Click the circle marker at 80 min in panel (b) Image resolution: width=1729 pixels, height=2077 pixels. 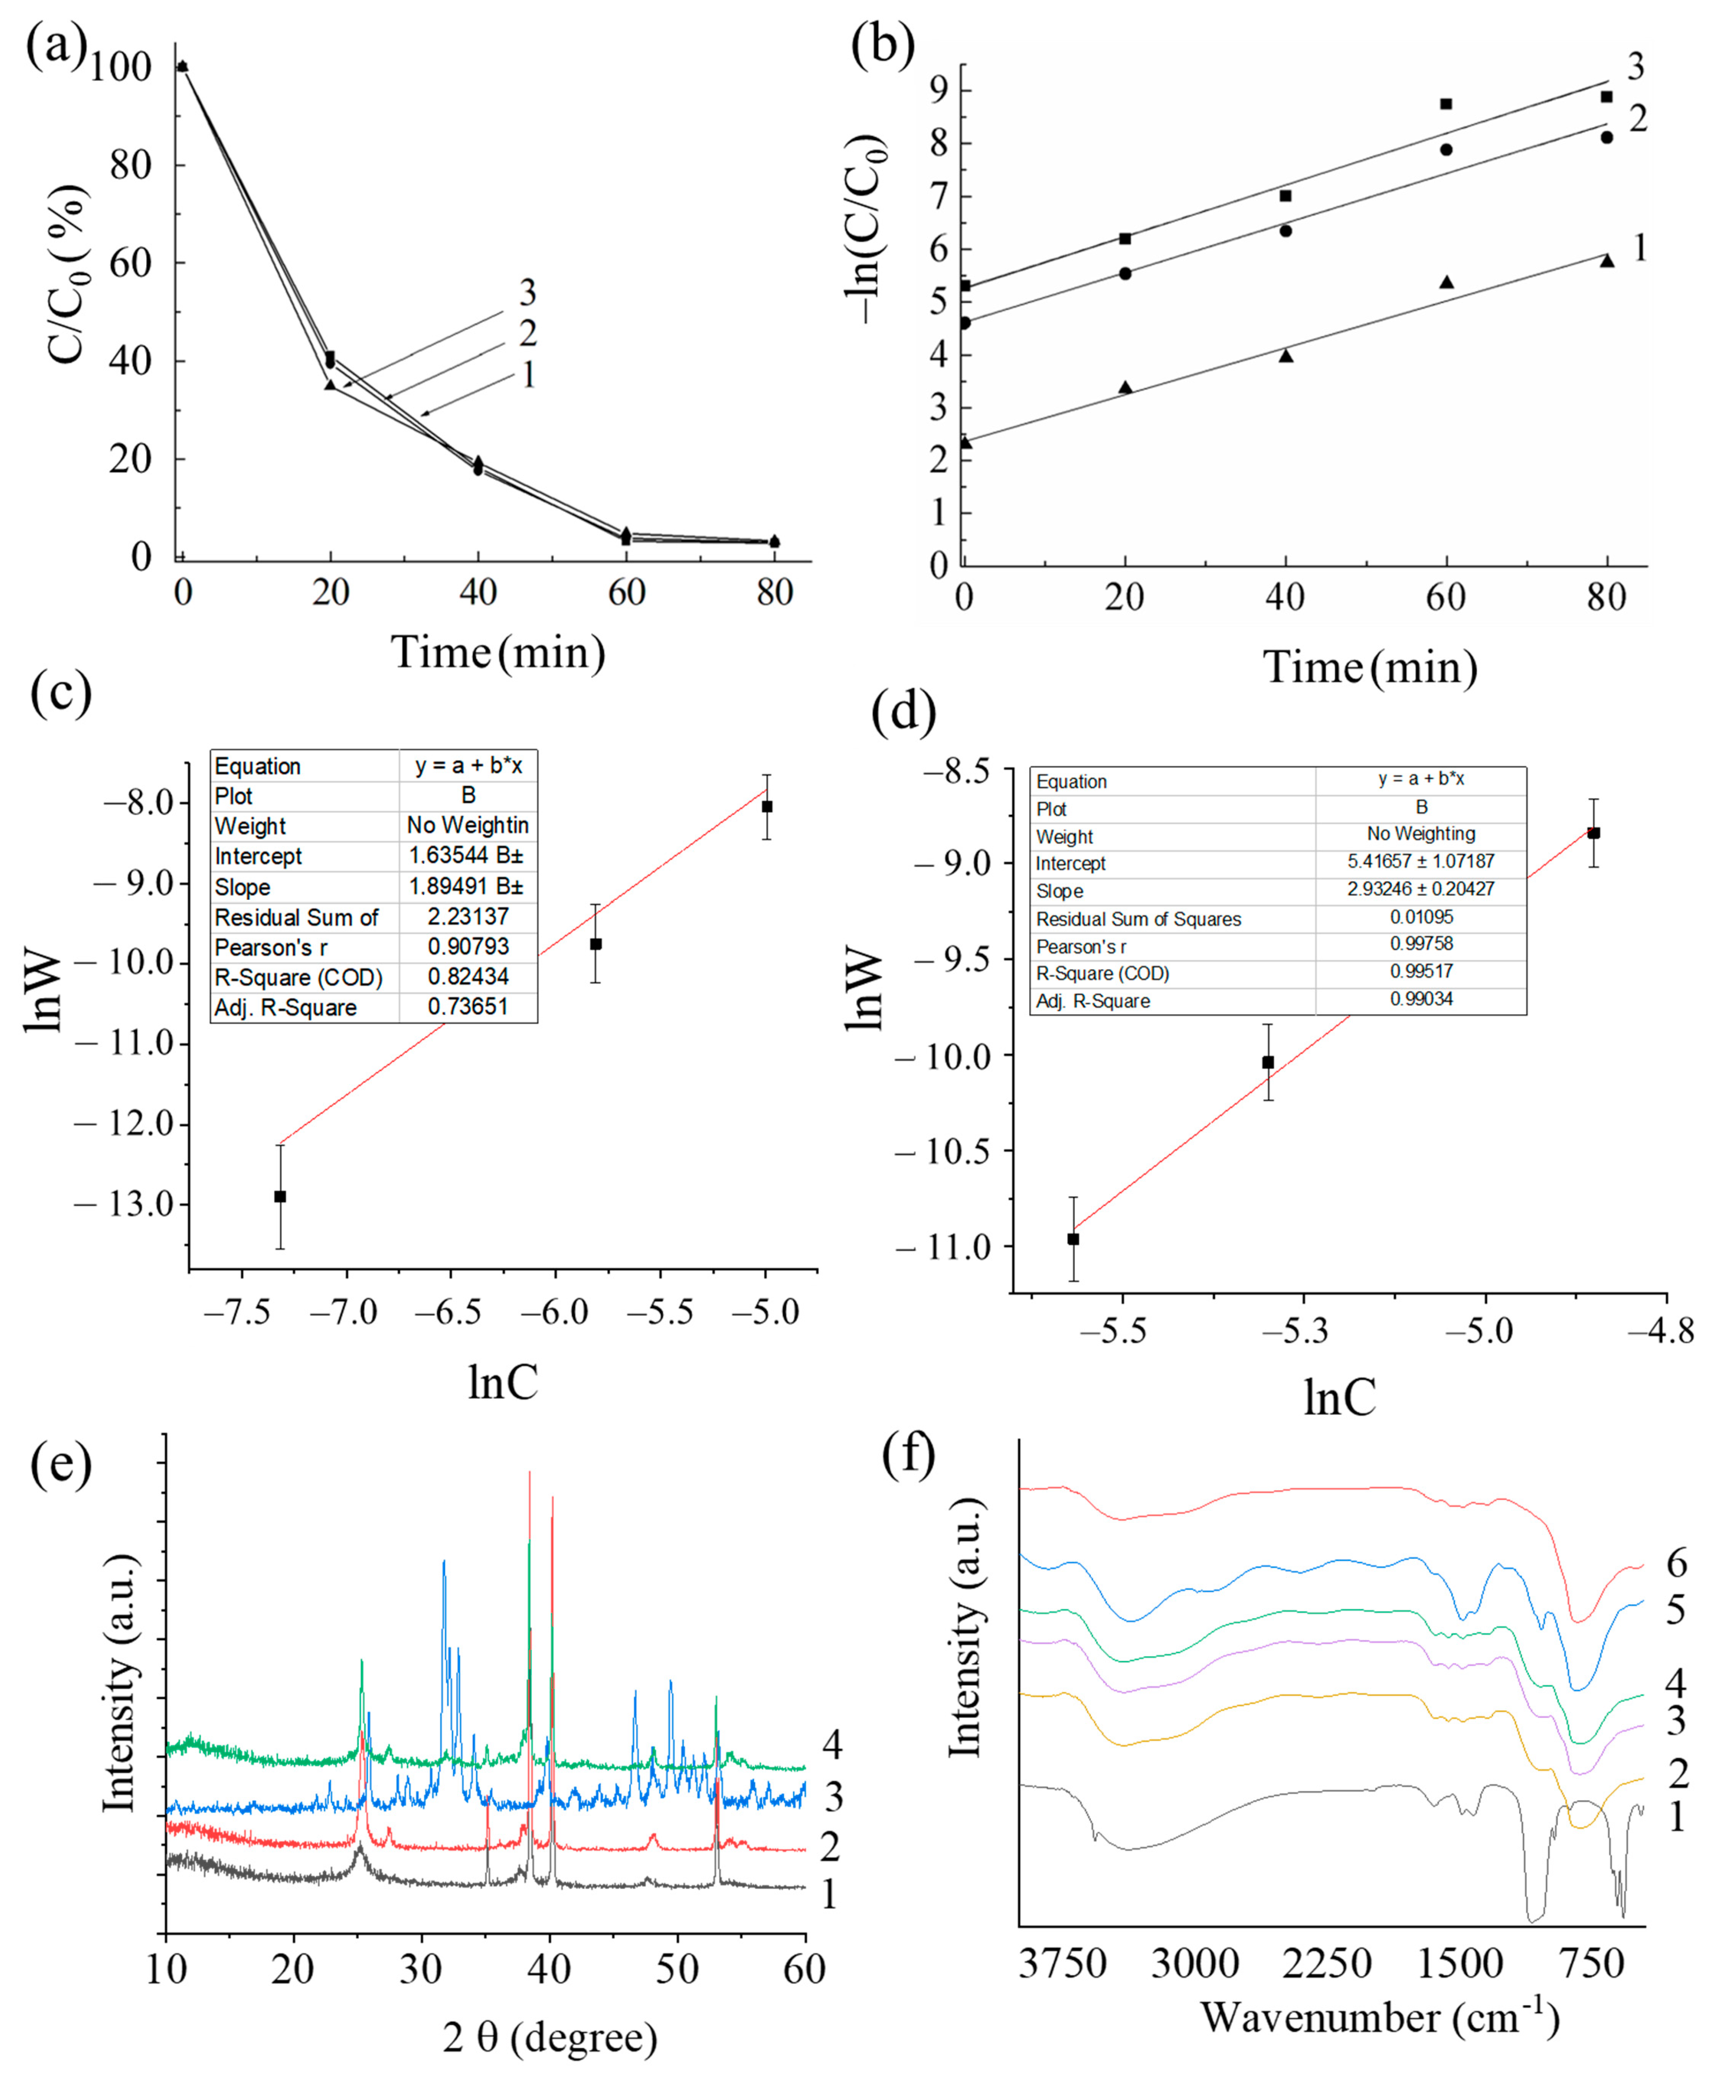[x=1607, y=138]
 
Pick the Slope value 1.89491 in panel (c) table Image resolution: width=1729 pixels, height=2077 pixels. [x=467, y=886]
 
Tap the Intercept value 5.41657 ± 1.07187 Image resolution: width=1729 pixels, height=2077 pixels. [x=1420, y=862]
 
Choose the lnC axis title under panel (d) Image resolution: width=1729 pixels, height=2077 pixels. [x=1339, y=1397]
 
